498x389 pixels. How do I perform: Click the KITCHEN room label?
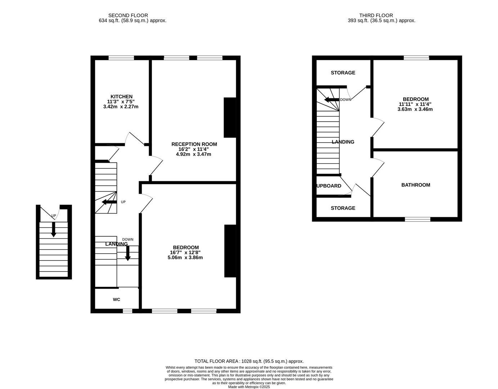(x=121, y=97)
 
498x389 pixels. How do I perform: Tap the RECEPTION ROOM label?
(x=194, y=144)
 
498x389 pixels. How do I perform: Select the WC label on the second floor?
(x=116, y=299)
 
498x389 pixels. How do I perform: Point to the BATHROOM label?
(x=416, y=185)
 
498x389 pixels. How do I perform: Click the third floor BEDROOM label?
(x=416, y=99)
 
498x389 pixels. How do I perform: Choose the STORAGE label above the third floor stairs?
(x=343, y=73)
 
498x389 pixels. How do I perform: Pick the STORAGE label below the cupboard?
(x=343, y=208)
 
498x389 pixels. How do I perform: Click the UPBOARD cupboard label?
(x=329, y=186)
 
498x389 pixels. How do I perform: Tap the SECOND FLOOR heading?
(x=128, y=15)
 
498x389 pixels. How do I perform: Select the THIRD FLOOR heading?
(x=376, y=15)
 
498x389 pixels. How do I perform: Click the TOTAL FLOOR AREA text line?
(x=249, y=361)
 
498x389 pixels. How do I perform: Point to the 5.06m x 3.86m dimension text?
(x=185, y=258)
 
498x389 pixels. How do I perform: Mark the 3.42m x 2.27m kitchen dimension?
(x=121, y=107)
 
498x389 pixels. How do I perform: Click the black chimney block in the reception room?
(x=230, y=117)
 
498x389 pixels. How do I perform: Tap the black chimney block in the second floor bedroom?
(x=230, y=251)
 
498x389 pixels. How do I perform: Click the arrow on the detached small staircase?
(x=54, y=229)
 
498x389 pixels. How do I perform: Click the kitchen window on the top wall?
(x=121, y=58)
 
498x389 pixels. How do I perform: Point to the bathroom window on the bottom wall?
(x=418, y=219)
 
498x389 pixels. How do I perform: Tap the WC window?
(x=127, y=311)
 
